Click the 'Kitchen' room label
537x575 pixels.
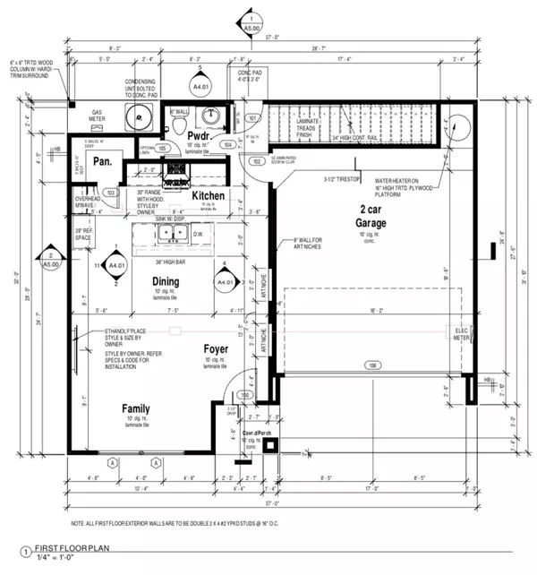click(x=208, y=195)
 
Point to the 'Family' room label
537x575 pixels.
click(x=136, y=409)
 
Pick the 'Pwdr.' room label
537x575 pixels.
click(x=198, y=133)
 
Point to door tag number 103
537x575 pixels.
click(x=111, y=192)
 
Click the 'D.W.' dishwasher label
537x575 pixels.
click(x=198, y=236)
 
